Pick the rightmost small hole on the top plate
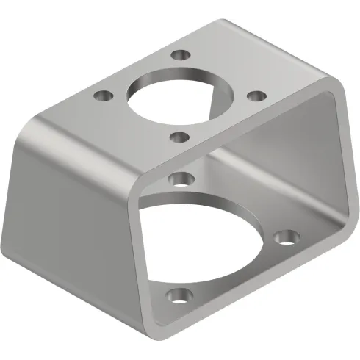[256, 96]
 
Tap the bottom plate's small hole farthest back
[179, 177]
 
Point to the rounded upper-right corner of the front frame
[334, 92]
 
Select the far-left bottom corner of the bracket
[10, 253]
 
